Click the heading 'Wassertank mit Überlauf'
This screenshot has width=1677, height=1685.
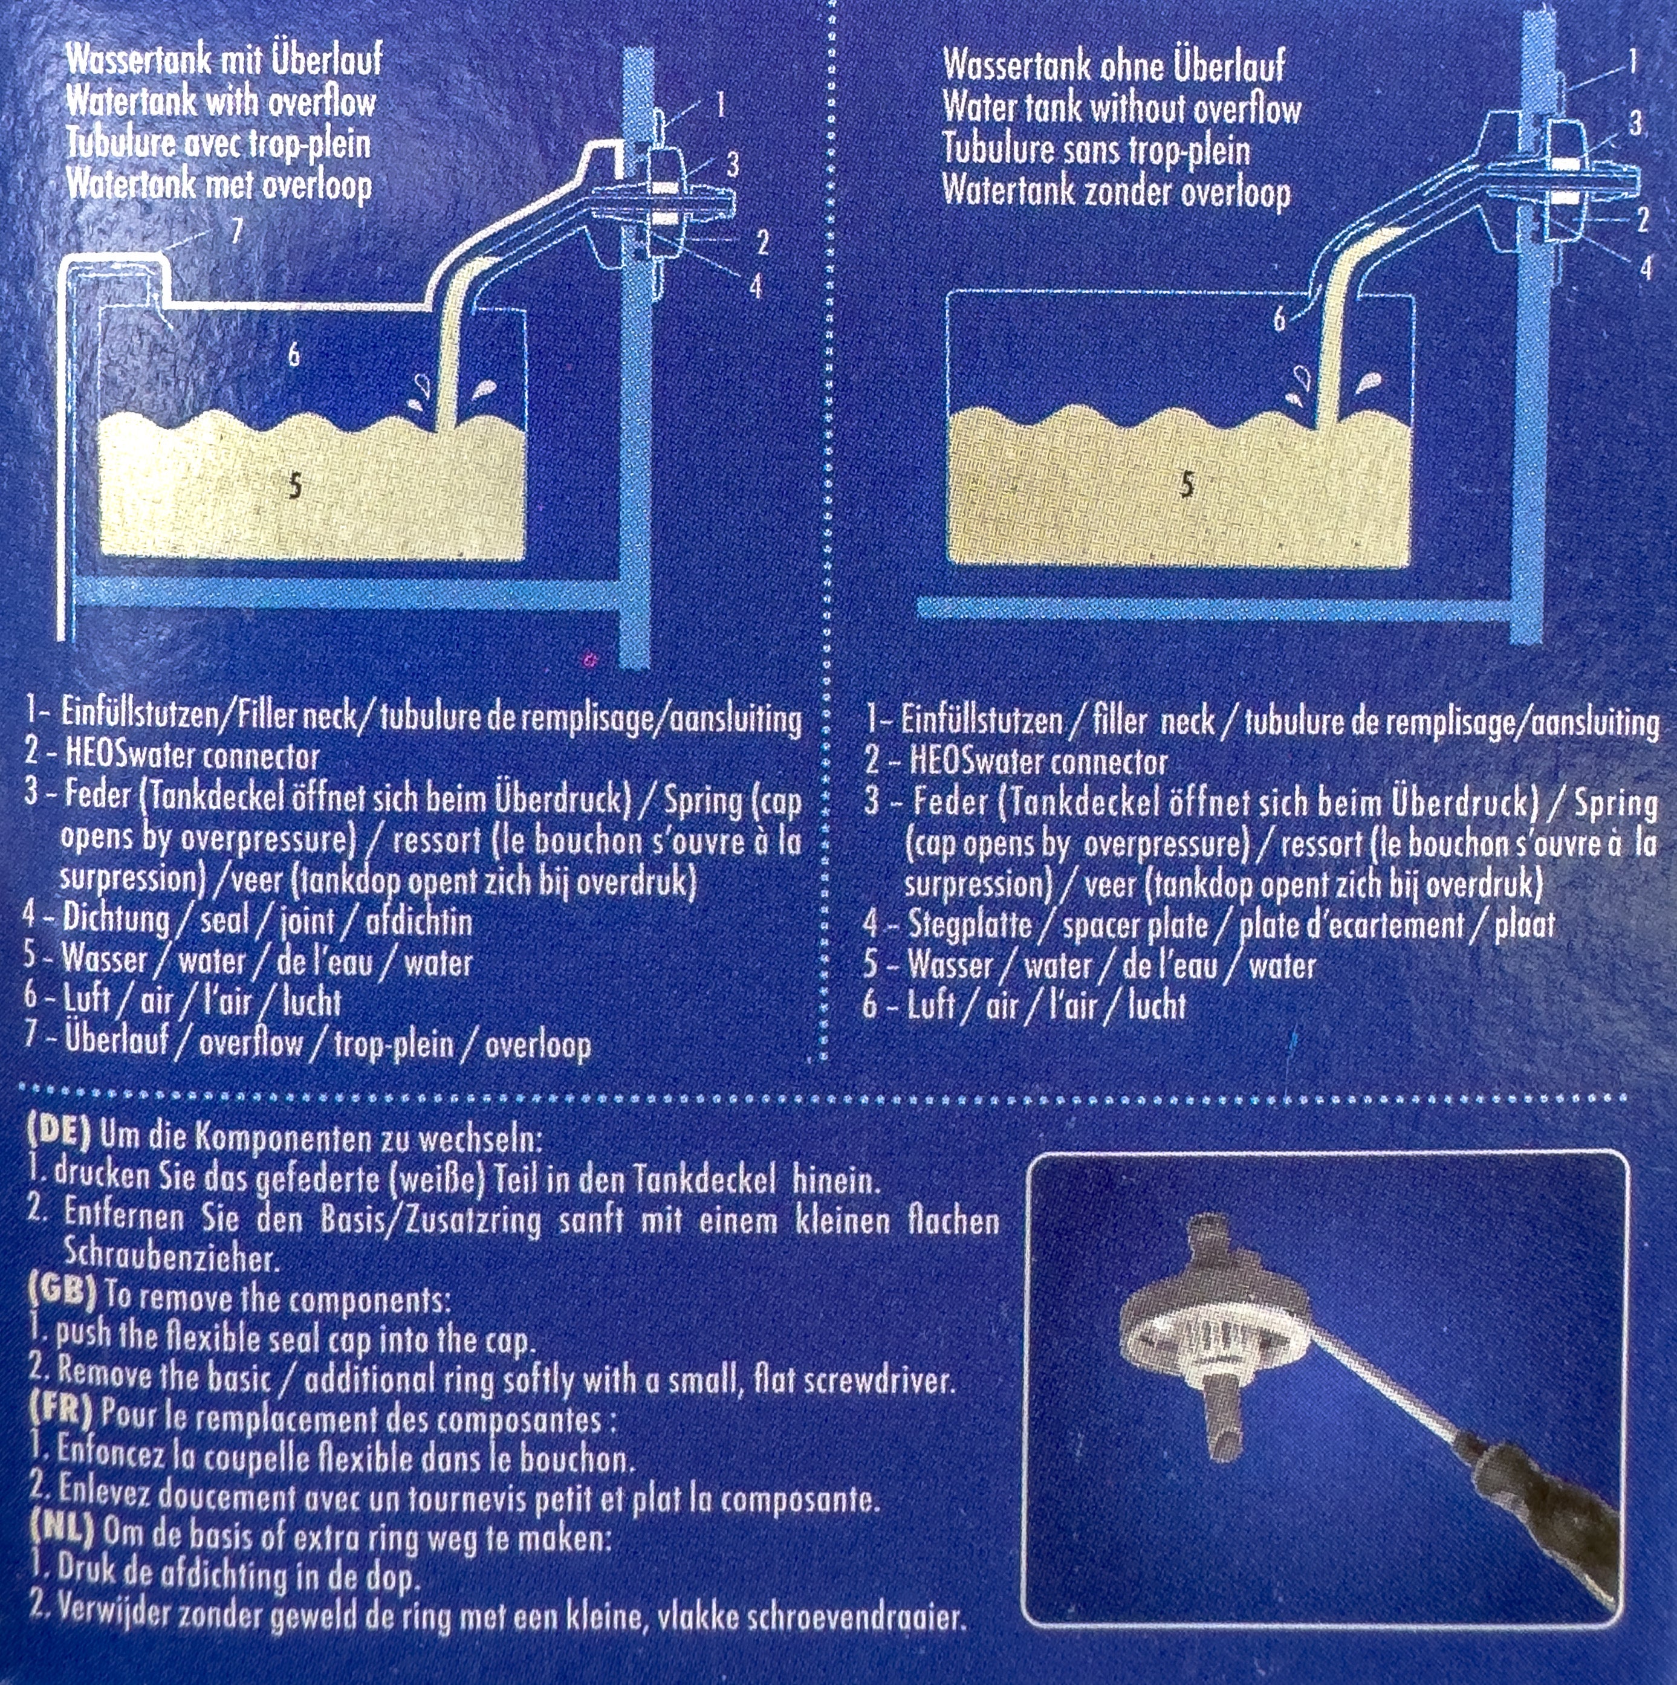[x=224, y=59]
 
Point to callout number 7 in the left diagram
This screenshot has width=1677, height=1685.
[x=236, y=230]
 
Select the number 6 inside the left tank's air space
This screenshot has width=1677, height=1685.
[x=294, y=354]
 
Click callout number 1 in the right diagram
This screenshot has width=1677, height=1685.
[x=1632, y=61]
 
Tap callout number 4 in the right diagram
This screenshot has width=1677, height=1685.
[x=1646, y=266]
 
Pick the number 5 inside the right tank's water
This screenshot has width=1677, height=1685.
[x=1187, y=484]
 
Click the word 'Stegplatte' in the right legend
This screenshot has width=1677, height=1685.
[x=969, y=925]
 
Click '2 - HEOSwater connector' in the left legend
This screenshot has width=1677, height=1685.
[x=172, y=755]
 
